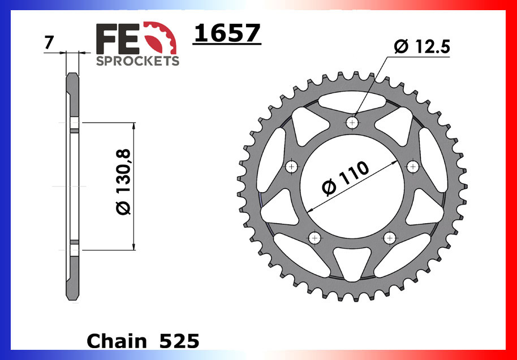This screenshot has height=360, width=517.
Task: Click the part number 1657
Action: click(x=227, y=34)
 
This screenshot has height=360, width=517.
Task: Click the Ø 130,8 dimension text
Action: click(x=123, y=182)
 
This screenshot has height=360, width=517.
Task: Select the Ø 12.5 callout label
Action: click(x=421, y=47)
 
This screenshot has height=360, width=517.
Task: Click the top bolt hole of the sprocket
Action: click(x=353, y=122)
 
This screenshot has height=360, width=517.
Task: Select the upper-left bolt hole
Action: click(x=292, y=166)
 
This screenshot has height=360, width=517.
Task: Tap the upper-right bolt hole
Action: click(x=413, y=166)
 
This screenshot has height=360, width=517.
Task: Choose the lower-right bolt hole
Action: click(x=390, y=237)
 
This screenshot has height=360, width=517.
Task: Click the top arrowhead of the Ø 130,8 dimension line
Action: click(x=133, y=125)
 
